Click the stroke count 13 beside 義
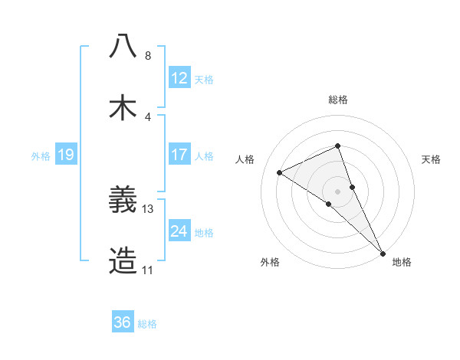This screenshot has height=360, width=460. [148, 208]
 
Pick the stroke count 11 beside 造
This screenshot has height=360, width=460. [148, 270]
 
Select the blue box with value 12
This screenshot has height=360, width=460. [179, 77]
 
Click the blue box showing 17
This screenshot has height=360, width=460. [179, 155]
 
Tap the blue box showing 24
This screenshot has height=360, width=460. [179, 231]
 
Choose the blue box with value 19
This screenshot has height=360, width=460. [65, 155]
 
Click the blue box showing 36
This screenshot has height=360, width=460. [123, 322]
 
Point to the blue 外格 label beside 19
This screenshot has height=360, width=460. [41, 155]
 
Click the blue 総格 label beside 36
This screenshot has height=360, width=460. [147, 323]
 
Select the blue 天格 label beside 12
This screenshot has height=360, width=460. [204, 78]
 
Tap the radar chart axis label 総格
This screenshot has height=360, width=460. [338, 100]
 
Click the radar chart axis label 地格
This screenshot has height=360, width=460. [402, 262]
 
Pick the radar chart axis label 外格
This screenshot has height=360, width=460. [270, 262]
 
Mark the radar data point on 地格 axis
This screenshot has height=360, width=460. [383, 253]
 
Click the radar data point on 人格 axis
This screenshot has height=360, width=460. [280, 172]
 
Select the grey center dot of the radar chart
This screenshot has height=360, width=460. [338, 191]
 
